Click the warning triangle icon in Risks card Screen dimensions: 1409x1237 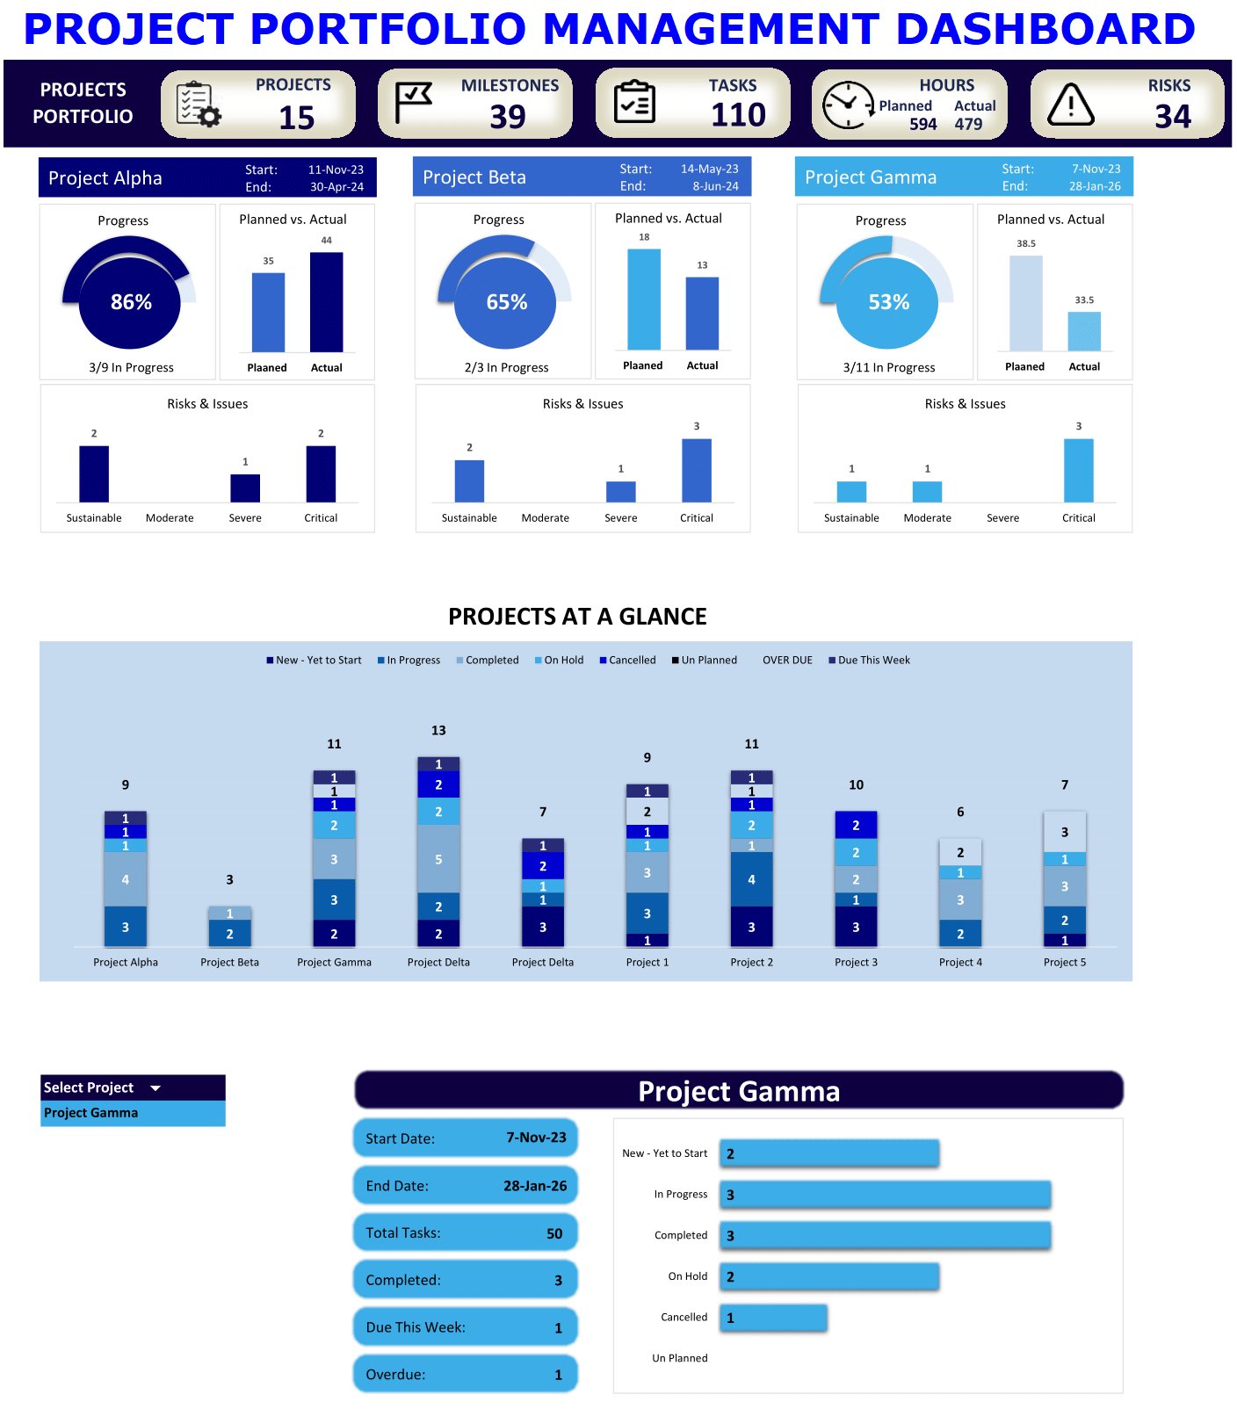click(x=1071, y=105)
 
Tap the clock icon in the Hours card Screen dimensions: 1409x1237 click(x=847, y=105)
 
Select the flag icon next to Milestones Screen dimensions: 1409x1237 click(x=413, y=103)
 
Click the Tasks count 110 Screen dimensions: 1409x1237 click(x=738, y=115)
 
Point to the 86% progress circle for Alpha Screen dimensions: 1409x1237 click(x=130, y=302)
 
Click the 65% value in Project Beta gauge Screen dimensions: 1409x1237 click(x=506, y=302)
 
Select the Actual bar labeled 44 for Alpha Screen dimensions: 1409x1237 click(x=326, y=302)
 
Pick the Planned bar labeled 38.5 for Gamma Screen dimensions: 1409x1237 click(x=1025, y=303)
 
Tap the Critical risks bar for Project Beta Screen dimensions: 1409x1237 click(x=696, y=471)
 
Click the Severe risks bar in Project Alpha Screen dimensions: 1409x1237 click(x=245, y=488)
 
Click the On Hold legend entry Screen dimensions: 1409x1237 click(x=559, y=660)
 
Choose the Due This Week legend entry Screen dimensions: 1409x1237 click(x=869, y=660)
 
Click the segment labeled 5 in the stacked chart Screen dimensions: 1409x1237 click(x=438, y=859)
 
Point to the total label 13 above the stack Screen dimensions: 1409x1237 click(x=438, y=730)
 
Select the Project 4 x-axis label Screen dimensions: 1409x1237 click(x=960, y=962)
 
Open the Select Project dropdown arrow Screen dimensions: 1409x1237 click(x=156, y=1087)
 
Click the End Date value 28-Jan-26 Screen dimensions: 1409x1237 click(x=534, y=1186)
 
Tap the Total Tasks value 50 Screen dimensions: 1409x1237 click(x=553, y=1233)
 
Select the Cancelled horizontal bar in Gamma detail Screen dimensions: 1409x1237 click(x=773, y=1318)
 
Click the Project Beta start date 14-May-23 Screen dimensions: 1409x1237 click(x=709, y=169)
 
